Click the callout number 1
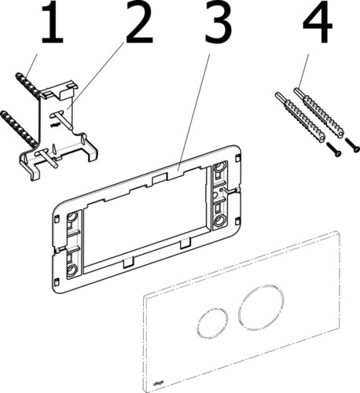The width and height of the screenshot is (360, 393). tap(52, 26)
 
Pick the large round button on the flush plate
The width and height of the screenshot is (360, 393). tap(262, 306)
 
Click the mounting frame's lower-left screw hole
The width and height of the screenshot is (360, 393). tap(72, 269)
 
